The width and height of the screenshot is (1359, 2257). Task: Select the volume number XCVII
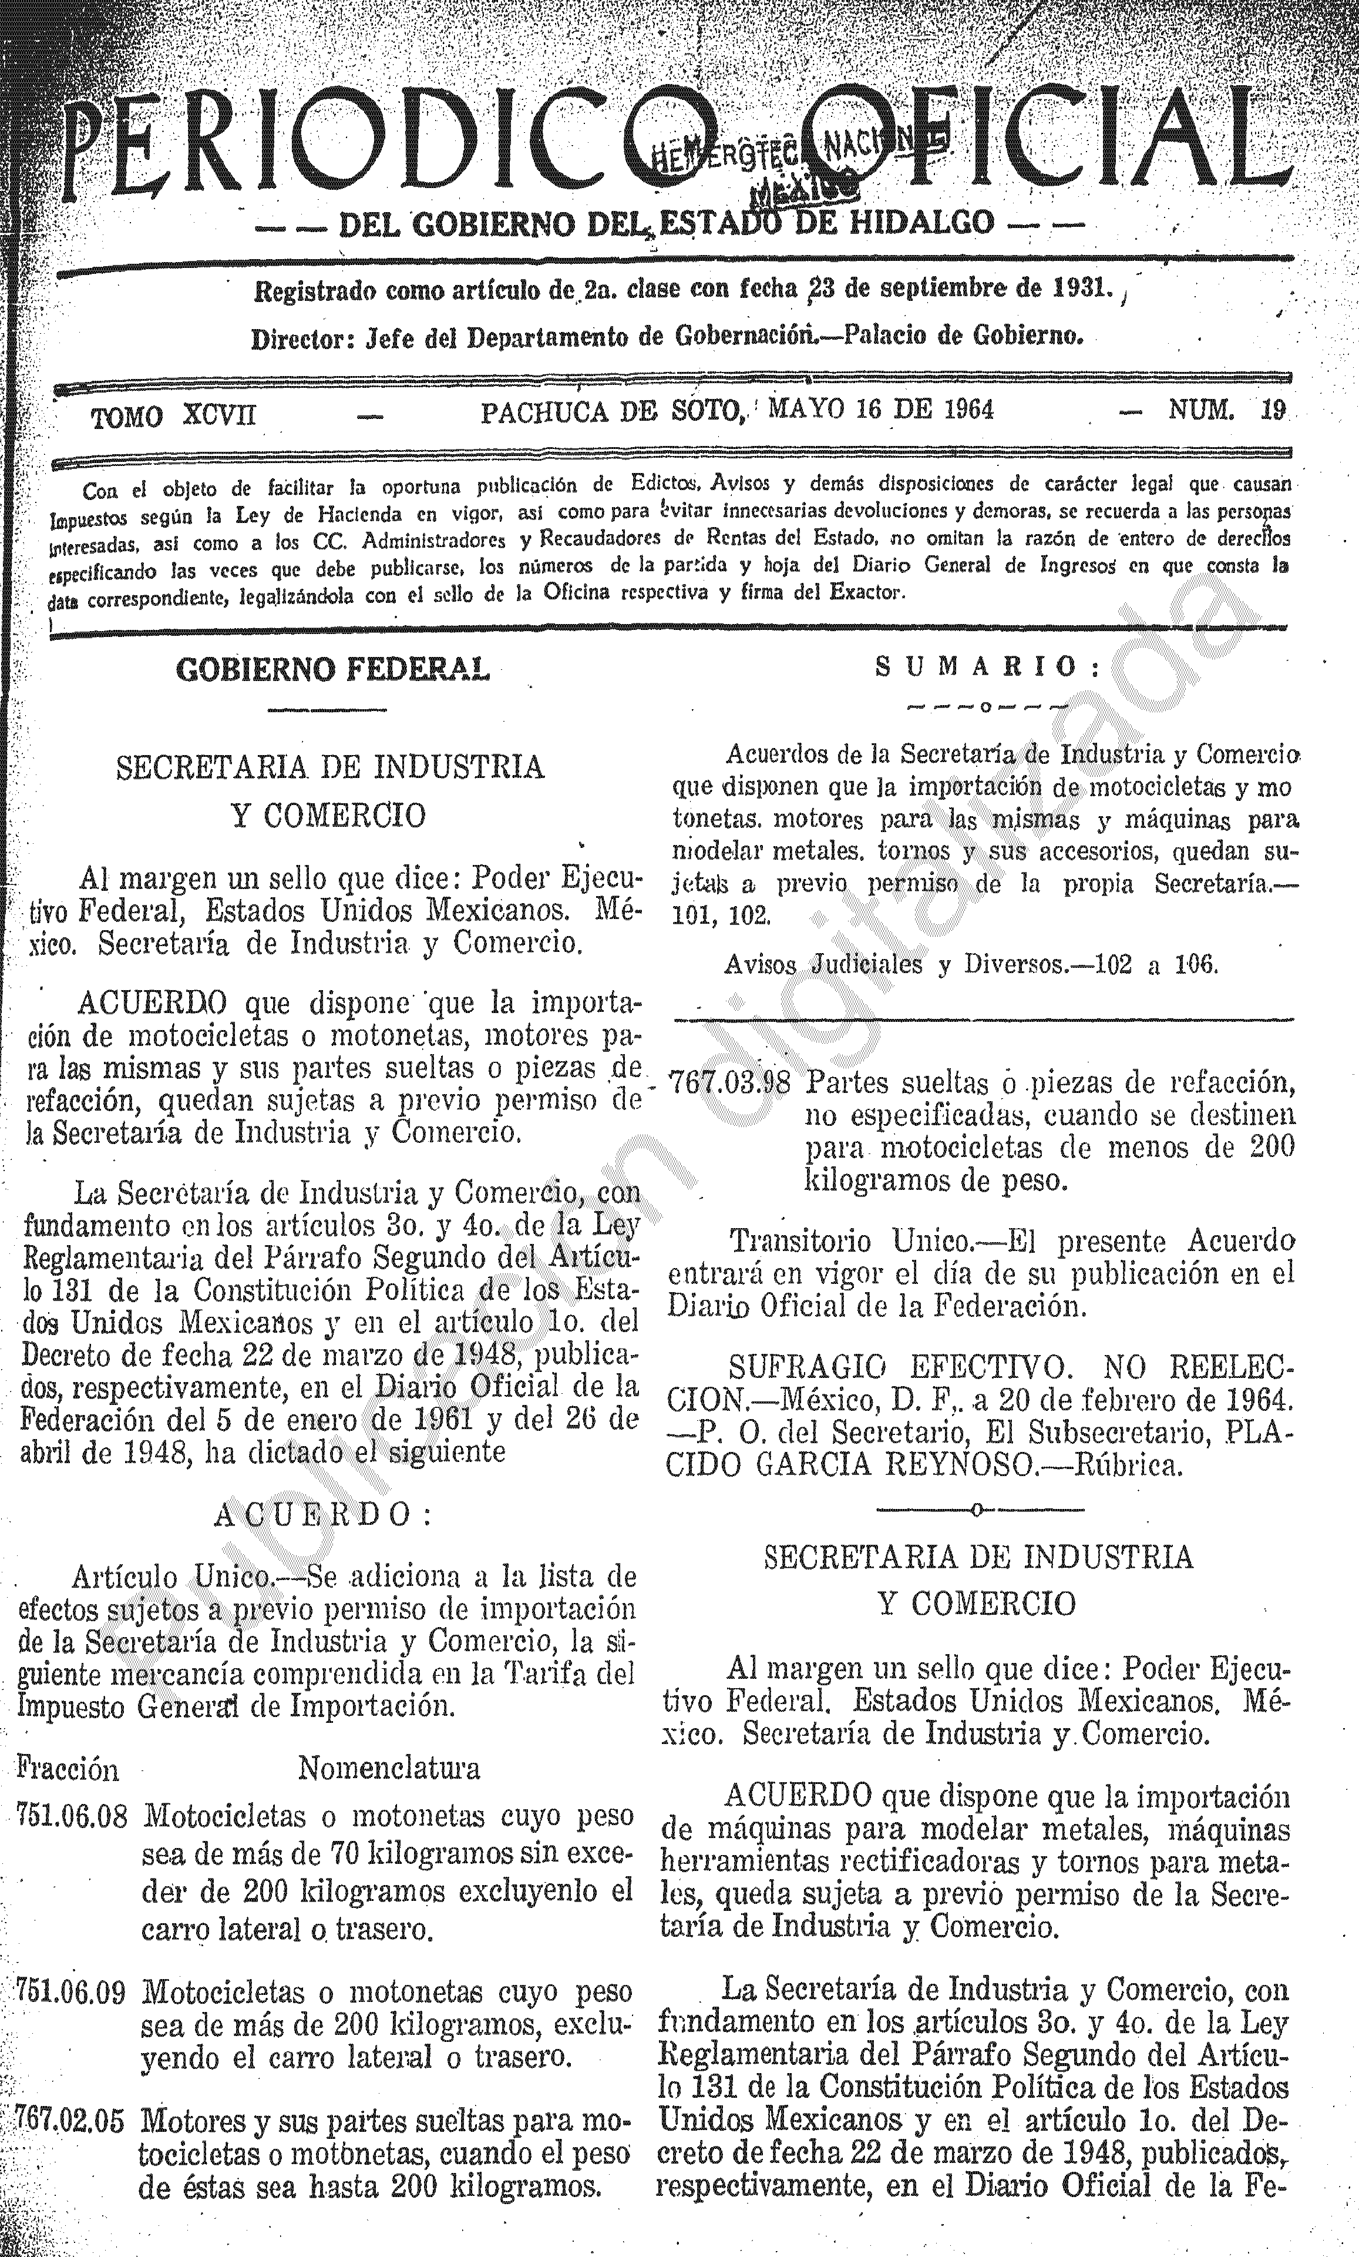220,416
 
